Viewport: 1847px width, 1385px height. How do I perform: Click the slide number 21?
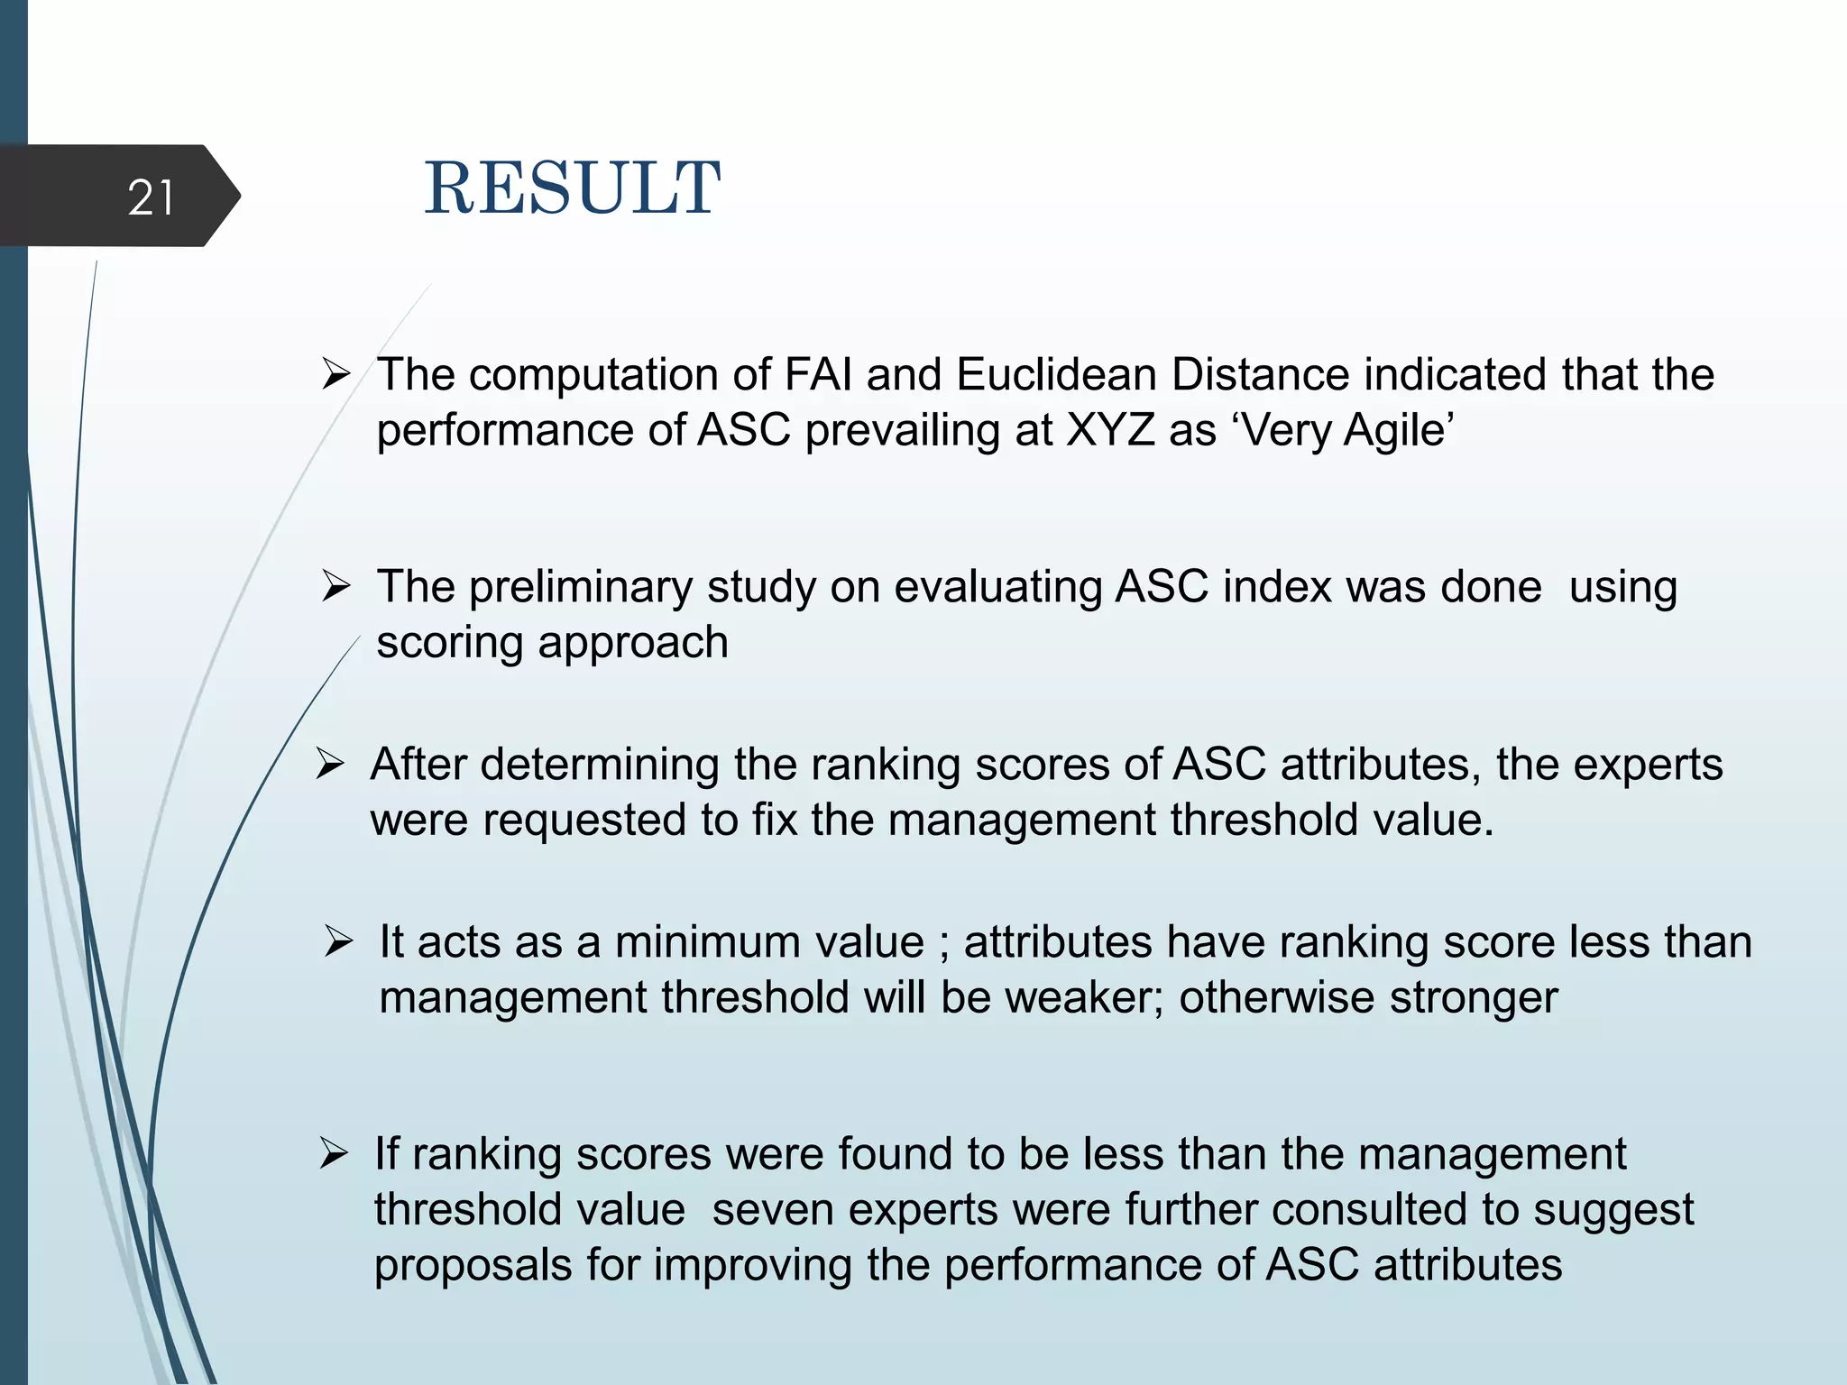[151, 197]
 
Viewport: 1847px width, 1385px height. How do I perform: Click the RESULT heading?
[572, 188]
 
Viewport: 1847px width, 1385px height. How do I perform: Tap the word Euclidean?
[1056, 375]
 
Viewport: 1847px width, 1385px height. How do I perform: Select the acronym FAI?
[818, 375]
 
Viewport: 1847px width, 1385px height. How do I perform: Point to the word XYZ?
[1110, 430]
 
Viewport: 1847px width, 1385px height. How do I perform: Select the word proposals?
[473, 1266]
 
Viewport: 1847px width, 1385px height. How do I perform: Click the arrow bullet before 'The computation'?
[335, 373]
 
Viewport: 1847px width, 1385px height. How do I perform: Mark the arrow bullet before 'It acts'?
[338, 942]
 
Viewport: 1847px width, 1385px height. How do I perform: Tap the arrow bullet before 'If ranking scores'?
[334, 1154]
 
